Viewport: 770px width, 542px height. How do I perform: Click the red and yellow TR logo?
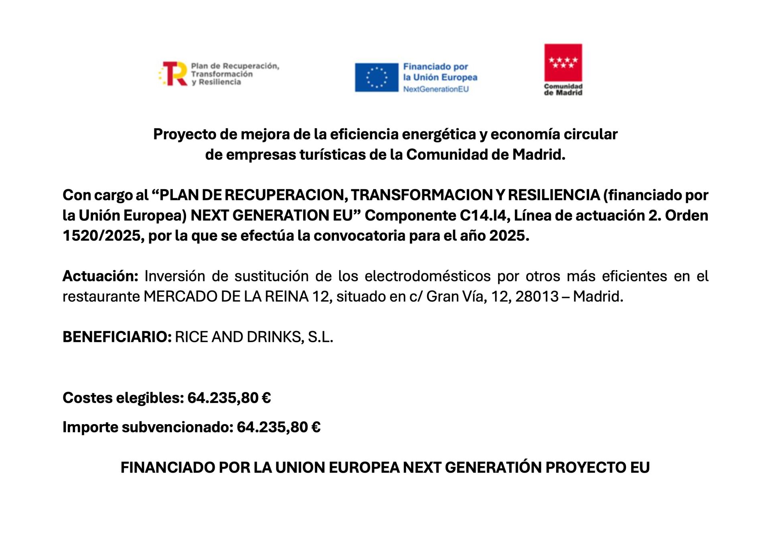tap(173, 74)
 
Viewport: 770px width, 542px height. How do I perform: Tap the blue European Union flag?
tap(376, 77)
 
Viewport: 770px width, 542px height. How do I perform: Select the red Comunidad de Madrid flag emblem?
tap(563, 63)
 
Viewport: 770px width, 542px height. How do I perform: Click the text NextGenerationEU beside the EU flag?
tap(436, 89)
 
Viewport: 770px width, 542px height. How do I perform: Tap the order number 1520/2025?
tap(101, 236)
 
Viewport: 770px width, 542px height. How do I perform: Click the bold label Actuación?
tap(100, 276)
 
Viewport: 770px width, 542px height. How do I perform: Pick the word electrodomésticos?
tap(428, 276)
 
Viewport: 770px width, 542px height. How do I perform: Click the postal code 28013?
tap(537, 297)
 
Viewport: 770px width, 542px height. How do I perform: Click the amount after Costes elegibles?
tap(229, 398)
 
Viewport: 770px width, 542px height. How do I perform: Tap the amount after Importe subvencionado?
tap(278, 427)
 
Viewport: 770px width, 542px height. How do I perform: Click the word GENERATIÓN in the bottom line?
tap(493, 467)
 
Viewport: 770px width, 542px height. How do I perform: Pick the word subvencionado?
tap(178, 427)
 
